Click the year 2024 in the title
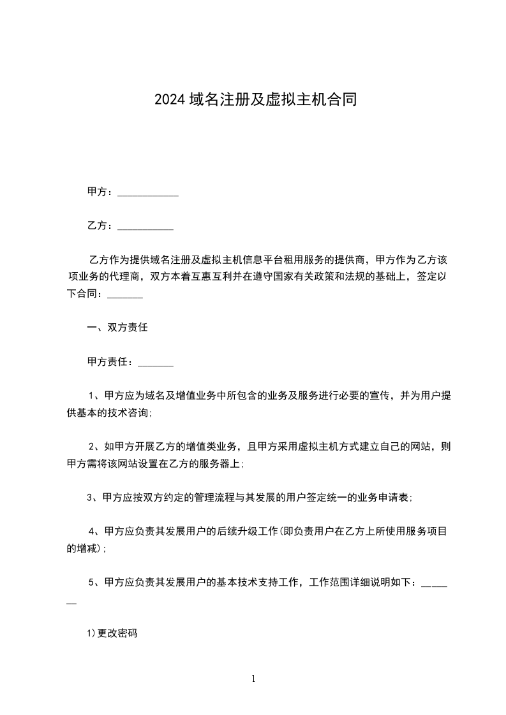pos(170,99)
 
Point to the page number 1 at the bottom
pos(253,679)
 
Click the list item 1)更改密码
pos(112,633)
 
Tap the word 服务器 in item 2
pos(222,464)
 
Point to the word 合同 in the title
pos(341,99)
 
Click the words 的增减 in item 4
pos(81,548)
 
